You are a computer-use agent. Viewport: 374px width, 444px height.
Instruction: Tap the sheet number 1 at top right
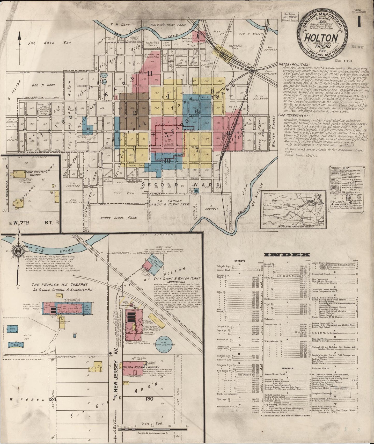358,22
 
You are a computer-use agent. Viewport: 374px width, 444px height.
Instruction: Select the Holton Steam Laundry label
137,367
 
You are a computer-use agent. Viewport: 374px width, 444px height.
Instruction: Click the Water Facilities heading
294,64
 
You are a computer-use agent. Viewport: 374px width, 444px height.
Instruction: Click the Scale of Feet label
151,424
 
